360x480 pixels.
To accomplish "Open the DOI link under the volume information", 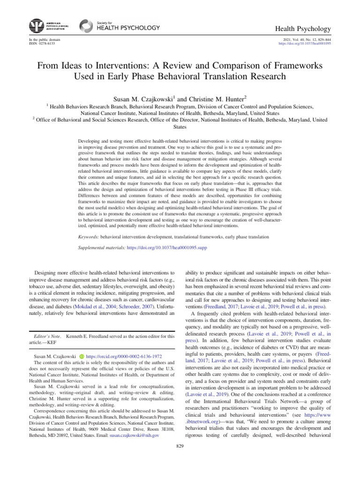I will click(305, 44).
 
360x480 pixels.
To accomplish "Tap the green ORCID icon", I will click(81, 357).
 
